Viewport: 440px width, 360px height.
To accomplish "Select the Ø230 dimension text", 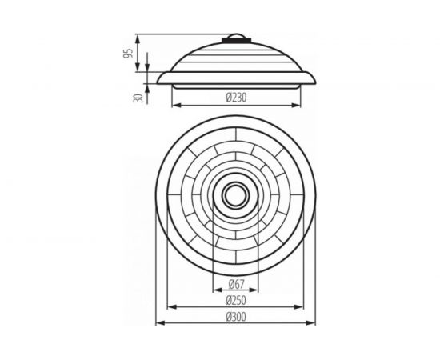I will coord(237,98).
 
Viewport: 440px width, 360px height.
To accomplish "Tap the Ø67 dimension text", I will coord(237,284).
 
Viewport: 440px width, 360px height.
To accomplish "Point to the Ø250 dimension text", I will coord(237,302).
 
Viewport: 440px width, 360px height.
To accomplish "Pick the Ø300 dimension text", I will coord(237,318).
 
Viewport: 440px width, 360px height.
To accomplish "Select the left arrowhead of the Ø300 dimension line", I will coord(156,324).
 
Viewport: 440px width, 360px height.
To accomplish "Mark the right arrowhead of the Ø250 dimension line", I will coord(306,307).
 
